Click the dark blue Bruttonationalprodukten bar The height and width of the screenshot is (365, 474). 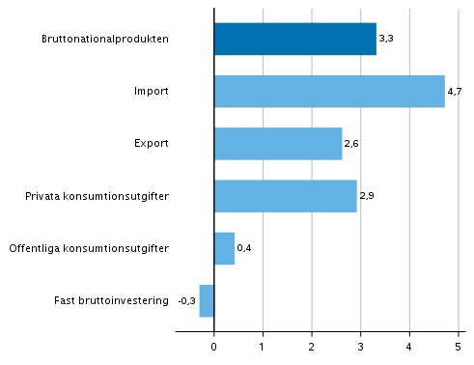(294, 40)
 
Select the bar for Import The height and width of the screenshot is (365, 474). (329, 92)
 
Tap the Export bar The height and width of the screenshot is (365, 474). (277, 144)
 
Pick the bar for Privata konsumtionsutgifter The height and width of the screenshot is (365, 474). (285, 196)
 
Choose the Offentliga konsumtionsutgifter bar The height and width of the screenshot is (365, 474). (224, 248)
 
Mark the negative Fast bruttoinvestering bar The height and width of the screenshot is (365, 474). (207, 300)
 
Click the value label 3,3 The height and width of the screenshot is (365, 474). (386, 40)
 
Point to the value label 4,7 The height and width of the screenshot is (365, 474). (455, 92)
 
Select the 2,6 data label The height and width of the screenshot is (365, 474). (351, 144)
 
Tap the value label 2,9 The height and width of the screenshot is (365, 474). (367, 196)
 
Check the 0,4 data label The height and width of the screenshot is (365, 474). (244, 248)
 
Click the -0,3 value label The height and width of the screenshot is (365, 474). (186, 300)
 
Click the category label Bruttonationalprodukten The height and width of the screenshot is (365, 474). (105, 40)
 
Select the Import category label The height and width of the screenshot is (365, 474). (152, 92)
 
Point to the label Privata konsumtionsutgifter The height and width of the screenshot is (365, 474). (98, 196)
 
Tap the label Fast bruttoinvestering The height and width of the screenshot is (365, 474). (112, 300)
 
